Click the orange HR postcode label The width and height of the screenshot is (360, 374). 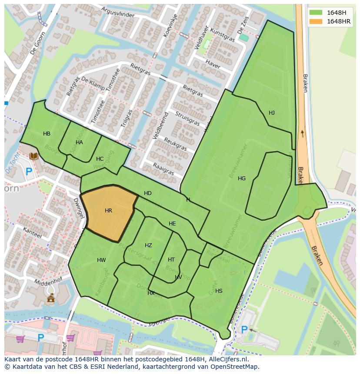108,211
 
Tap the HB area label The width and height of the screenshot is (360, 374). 47,134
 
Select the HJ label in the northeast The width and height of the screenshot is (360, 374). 272,113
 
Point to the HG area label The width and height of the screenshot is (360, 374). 242,179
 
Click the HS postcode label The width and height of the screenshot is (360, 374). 219,291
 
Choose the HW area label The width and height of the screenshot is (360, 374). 101,261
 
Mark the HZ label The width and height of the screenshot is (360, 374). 148,245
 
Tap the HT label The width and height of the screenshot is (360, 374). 171,260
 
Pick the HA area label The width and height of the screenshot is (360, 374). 79,142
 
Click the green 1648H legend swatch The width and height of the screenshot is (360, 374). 316,13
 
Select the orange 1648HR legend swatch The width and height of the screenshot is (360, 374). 316,21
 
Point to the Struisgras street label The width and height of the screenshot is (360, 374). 187,119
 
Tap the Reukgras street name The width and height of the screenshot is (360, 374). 175,144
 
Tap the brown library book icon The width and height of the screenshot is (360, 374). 33,156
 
